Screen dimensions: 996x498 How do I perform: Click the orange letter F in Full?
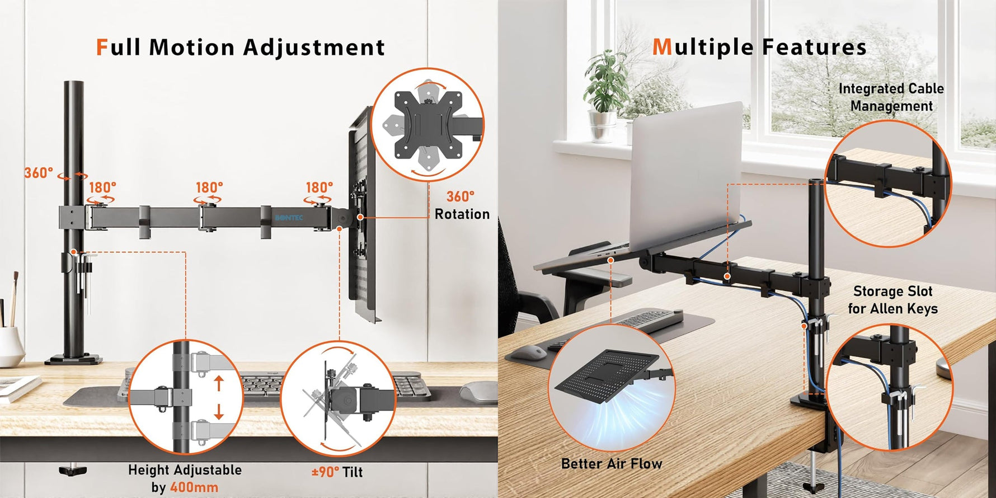(x=102, y=47)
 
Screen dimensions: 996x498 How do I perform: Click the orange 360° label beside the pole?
(x=39, y=173)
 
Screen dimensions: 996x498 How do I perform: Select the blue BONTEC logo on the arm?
(x=289, y=217)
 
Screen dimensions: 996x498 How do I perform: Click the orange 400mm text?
(x=194, y=487)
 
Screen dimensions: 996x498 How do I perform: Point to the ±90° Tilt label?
(x=337, y=472)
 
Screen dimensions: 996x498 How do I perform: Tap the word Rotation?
(x=462, y=214)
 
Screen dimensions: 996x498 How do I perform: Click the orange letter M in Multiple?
(x=662, y=47)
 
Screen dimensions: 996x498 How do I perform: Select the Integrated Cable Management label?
(x=891, y=97)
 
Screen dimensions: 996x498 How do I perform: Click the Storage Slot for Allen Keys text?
(x=893, y=300)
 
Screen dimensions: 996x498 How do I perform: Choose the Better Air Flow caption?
(x=612, y=464)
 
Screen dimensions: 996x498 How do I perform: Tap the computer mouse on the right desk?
(x=529, y=353)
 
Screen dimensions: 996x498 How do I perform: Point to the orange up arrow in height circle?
(x=219, y=384)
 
